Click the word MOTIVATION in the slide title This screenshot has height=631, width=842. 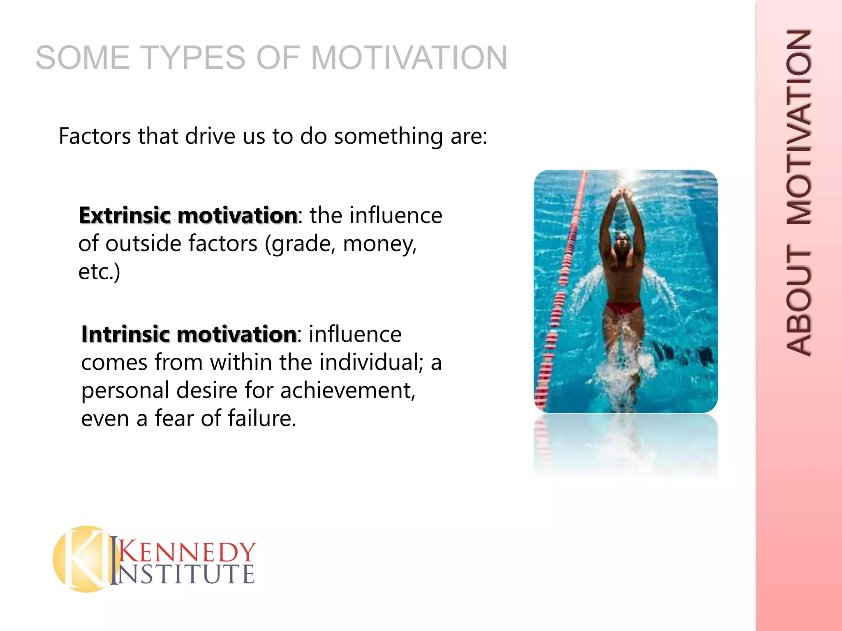click(409, 58)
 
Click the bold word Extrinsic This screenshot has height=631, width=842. click(124, 216)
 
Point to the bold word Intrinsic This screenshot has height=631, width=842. click(125, 334)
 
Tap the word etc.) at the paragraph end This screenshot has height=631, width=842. click(99, 272)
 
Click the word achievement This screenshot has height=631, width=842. click(348, 390)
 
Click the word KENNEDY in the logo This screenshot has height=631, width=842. click(187, 551)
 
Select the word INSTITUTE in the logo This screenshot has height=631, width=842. click(185, 574)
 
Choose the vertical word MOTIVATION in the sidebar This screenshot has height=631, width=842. click(799, 127)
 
